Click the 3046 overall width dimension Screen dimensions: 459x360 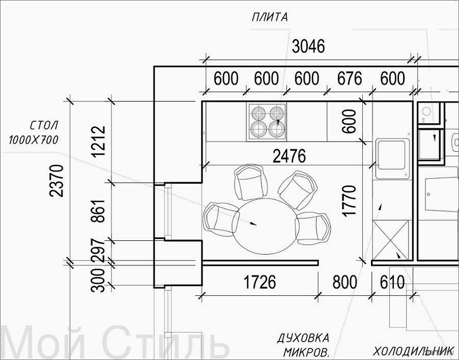(308, 46)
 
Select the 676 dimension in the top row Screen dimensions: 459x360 (350, 78)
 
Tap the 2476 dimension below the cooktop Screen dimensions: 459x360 (289, 156)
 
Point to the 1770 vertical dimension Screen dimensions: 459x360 (350, 201)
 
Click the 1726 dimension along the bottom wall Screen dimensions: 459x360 (260, 282)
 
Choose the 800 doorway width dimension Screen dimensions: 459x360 (345, 282)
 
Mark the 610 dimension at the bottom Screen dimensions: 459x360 (392, 282)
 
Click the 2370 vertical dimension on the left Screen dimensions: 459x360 (56, 181)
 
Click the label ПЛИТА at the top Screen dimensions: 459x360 (270, 18)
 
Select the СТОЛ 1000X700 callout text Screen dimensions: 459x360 (34, 133)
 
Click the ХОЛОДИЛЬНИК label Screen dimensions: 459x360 (413, 350)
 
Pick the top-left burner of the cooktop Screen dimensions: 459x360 (258, 112)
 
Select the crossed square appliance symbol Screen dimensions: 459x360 (390, 240)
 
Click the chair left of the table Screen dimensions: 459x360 (221, 219)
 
